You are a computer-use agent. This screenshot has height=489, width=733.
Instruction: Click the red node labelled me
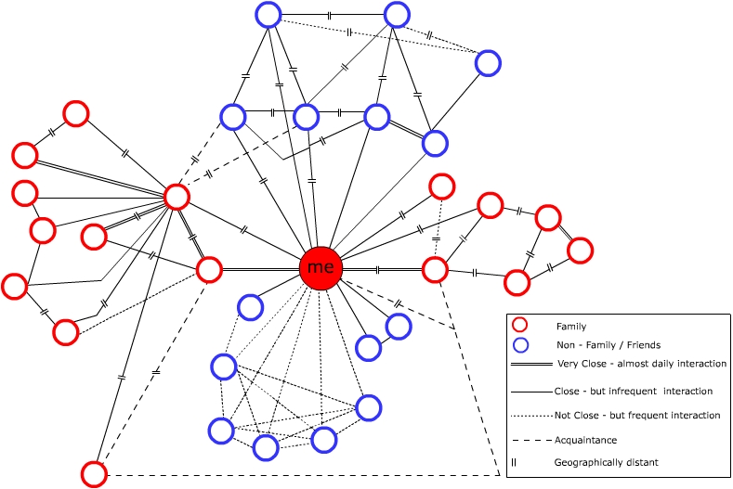click(x=321, y=268)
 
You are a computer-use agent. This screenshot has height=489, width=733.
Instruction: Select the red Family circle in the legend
click(x=520, y=325)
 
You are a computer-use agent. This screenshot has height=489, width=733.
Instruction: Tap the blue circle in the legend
click(x=520, y=345)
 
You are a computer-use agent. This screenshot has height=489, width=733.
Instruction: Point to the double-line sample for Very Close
click(x=531, y=364)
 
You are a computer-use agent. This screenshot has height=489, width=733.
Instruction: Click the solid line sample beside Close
click(x=531, y=392)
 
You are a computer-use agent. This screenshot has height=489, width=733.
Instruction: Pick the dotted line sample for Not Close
click(x=531, y=416)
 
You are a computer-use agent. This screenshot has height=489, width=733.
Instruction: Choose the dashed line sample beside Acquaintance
click(x=531, y=441)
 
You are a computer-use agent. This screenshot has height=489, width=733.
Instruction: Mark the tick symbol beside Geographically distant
click(x=514, y=462)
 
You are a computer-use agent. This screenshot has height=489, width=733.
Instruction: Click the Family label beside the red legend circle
click(x=570, y=327)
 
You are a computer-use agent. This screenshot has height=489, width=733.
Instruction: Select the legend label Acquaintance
click(x=585, y=441)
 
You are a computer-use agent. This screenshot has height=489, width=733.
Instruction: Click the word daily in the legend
click(x=663, y=364)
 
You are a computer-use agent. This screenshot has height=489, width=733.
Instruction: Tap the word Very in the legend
click(x=568, y=364)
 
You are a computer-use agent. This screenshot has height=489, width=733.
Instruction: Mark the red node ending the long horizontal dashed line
click(x=94, y=474)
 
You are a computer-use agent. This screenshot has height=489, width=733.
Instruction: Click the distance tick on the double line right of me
click(x=378, y=269)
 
